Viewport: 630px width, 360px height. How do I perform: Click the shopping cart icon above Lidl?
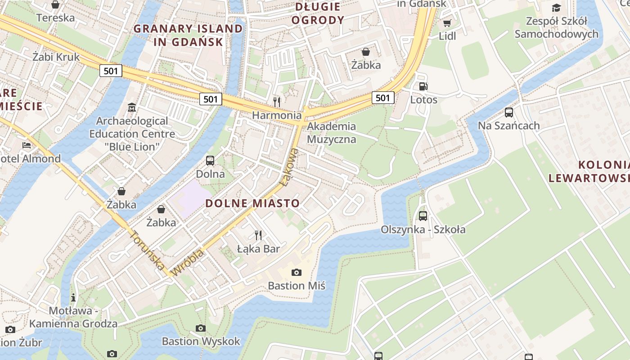click(x=447, y=23)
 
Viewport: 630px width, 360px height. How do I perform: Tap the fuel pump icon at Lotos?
click(x=423, y=86)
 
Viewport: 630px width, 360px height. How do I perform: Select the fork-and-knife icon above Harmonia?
click(x=277, y=102)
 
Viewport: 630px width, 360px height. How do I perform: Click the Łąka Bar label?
click(x=258, y=249)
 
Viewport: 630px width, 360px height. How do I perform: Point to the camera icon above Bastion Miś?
click(x=296, y=272)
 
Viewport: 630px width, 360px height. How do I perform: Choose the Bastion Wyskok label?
click(x=201, y=341)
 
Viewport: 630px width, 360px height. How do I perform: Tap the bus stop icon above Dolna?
click(x=210, y=160)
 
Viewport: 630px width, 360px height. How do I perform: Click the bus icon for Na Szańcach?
click(x=508, y=112)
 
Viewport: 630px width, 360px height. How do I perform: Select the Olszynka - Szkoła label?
click(x=423, y=229)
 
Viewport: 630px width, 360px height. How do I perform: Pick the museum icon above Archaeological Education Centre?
click(x=132, y=108)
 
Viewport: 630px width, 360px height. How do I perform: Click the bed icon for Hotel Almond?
click(x=27, y=145)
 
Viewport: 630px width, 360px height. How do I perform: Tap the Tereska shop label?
click(x=55, y=18)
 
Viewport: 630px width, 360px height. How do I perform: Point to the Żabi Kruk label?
click(x=56, y=57)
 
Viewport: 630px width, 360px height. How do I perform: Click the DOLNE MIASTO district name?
click(x=252, y=203)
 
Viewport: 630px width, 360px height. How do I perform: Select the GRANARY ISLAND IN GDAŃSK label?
click(x=188, y=35)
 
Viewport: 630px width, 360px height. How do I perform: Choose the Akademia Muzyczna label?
click(x=331, y=133)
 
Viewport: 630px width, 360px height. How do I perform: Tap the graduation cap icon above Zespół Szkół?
click(x=556, y=8)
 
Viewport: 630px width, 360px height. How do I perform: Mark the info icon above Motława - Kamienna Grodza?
click(x=73, y=297)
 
